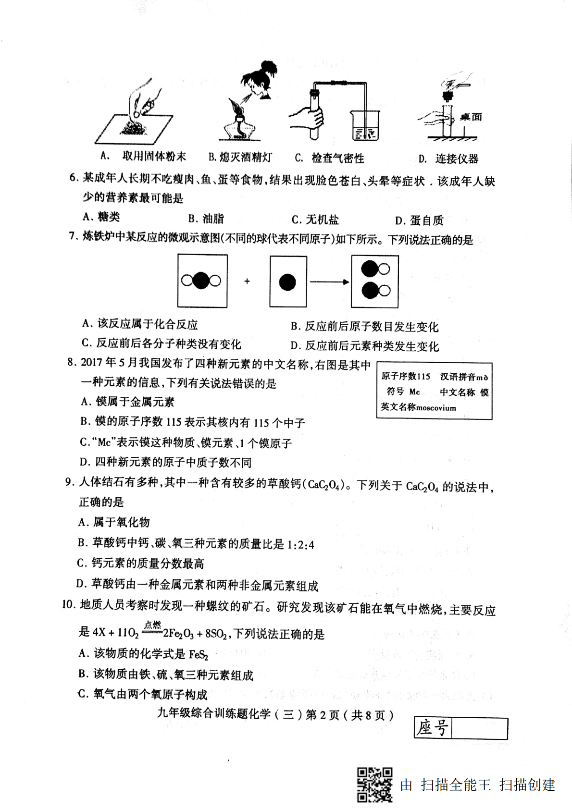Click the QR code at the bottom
click(374, 785)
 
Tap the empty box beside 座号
click(479, 728)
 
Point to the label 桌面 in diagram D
click(471, 117)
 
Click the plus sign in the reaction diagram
click(247, 281)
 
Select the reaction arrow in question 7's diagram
click(329, 282)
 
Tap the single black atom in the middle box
click(287, 282)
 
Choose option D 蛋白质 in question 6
click(419, 221)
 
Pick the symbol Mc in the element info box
click(414, 392)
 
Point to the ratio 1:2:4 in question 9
click(300, 545)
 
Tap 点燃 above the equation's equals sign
click(152, 625)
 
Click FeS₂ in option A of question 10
click(199, 654)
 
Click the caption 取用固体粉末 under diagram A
click(154, 157)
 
